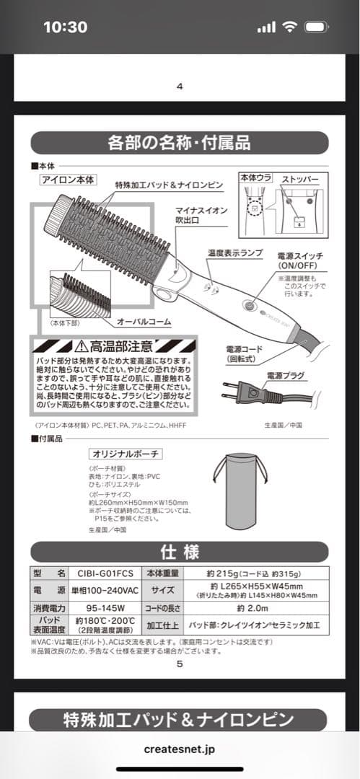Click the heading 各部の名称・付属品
click(x=178, y=141)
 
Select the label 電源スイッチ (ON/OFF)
click(x=300, y=260)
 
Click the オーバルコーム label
click(x=144, y=321)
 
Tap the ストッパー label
click(x=301, y=178)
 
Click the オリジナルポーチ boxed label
click(x=125, y=454)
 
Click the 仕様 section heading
click(x=179, y=553)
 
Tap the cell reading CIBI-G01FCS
click(x=104, y=573)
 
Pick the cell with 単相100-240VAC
click(x=104, y=590)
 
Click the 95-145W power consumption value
click(x=104, y=607)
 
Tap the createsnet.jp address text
click(x=179, y=749)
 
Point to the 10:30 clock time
click(x=65, y=27)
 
